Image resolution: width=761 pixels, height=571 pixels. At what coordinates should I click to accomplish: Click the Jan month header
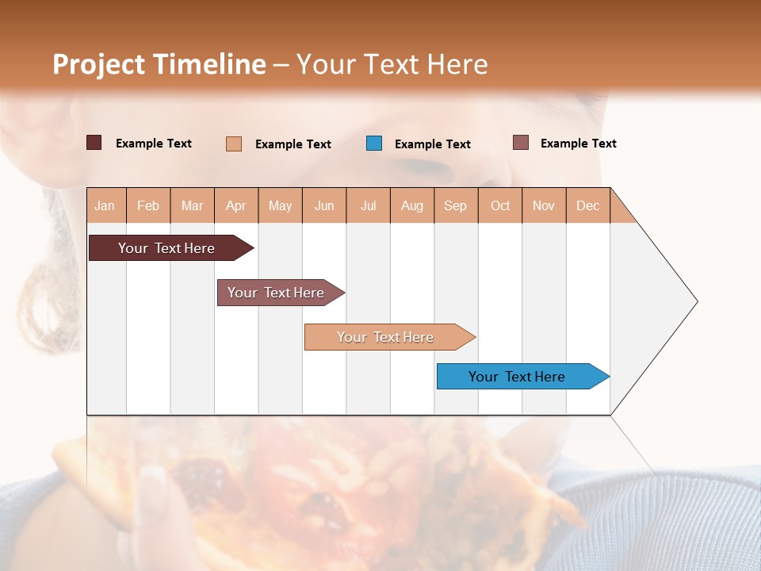click(105, 205)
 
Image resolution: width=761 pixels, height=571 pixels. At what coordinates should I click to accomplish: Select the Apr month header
click(235, 205)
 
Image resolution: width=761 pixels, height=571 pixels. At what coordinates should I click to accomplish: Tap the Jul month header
click(368, 205)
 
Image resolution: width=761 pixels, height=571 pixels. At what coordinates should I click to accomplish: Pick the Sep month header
click(455, 205)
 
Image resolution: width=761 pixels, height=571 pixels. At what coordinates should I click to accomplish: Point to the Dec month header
click(587, 205)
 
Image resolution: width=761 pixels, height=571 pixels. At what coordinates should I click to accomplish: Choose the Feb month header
click(148, 205)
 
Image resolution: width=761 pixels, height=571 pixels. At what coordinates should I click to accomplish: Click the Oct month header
click(500, 205)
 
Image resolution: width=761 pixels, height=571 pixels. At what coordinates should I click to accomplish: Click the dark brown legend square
click(94, 143)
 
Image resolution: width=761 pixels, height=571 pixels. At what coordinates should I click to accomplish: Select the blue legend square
click(374, 144)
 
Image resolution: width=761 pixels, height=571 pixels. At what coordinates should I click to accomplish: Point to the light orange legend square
click(234, 144)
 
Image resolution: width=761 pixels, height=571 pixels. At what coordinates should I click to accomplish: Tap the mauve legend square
click(520, 143)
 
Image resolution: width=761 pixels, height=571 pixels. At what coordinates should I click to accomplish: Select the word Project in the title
click(98, 64)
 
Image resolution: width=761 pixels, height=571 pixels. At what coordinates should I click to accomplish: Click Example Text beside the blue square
click(432, 144)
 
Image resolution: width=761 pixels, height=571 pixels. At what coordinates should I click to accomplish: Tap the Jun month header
click(324, 205)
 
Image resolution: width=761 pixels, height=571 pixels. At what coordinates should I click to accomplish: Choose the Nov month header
click(544, 205)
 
